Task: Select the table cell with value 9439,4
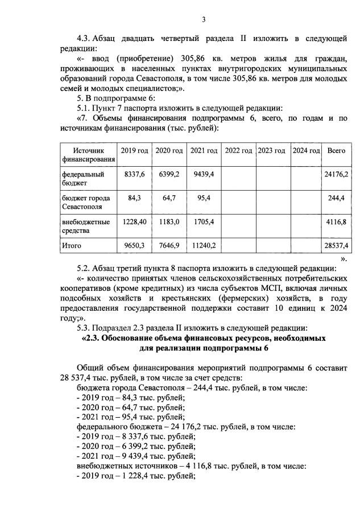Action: (x=204, y=174)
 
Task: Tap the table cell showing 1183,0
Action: (x=169, y=221)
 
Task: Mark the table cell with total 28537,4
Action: (x=336, y=246)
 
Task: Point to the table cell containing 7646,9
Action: (x=169, y=246)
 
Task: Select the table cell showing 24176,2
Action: (x=336, y=174)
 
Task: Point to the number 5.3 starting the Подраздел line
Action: (x=84, y=328)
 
